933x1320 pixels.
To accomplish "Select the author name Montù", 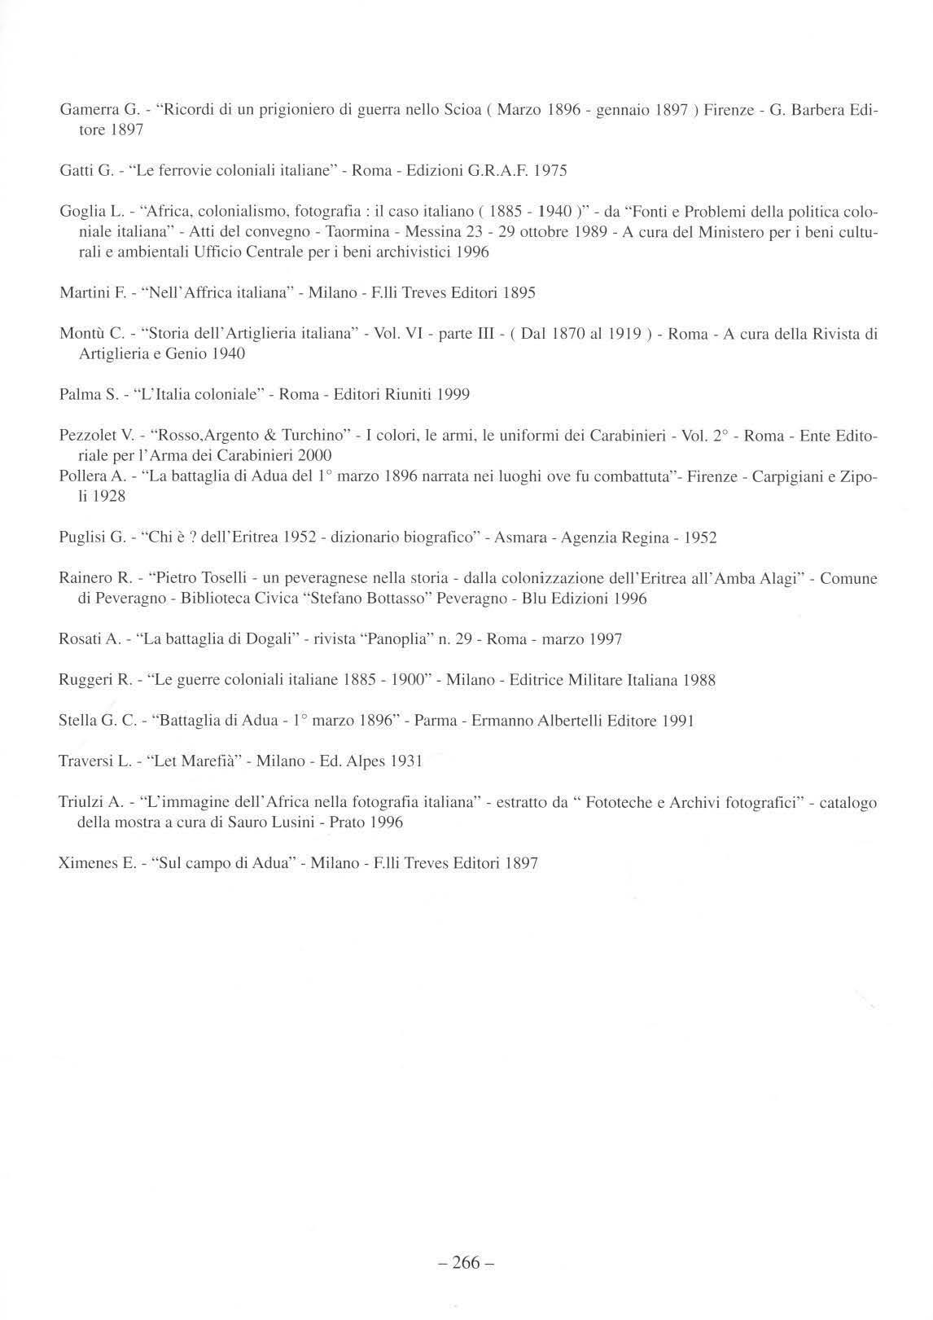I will click(81, 334).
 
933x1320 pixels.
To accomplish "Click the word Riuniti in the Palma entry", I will click(405, 395).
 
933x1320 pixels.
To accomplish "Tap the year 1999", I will click(453, 395).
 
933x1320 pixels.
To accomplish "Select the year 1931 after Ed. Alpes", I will click(406, 761).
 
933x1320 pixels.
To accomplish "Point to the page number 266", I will click(466, 1264).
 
